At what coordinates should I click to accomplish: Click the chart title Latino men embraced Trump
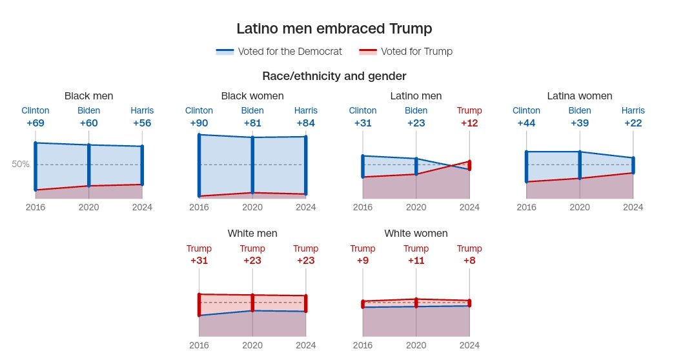[334, 29]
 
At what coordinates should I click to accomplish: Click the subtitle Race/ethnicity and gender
[334, 76]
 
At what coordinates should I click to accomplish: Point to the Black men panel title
[88, 96]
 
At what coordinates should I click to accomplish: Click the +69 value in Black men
[36, 123]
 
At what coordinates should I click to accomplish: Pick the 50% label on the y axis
[21, 164]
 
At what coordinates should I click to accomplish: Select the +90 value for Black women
[199, 123]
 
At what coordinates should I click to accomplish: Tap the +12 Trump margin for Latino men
[469, 123]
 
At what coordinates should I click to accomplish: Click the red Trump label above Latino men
[469, 111]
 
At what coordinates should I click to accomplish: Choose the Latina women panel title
[579, 96]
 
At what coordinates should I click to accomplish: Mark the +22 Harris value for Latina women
[633, 123]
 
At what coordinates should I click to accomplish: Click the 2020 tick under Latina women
[580, 208]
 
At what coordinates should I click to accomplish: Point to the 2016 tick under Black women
[199, 208]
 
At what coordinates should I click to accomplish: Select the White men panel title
[252, 234]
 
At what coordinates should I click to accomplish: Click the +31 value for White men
[199, 261]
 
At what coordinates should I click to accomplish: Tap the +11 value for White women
[416, 261]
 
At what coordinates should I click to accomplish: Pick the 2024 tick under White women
[469, 345]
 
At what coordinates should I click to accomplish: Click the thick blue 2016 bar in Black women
[199, 166]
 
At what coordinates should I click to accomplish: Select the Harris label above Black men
[142, 111]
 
